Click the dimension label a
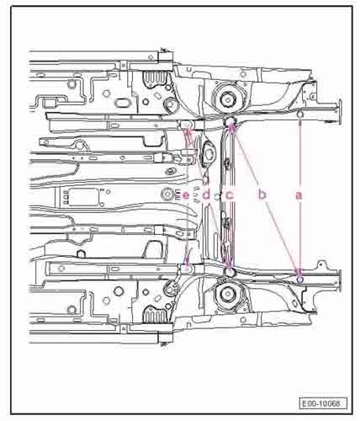299,195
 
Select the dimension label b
262,195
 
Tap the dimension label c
230,195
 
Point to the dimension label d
206,195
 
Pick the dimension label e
186,195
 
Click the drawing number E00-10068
323,404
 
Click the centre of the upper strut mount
228,99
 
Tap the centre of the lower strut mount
228,293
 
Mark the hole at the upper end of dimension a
299,115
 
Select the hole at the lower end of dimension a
299,280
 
